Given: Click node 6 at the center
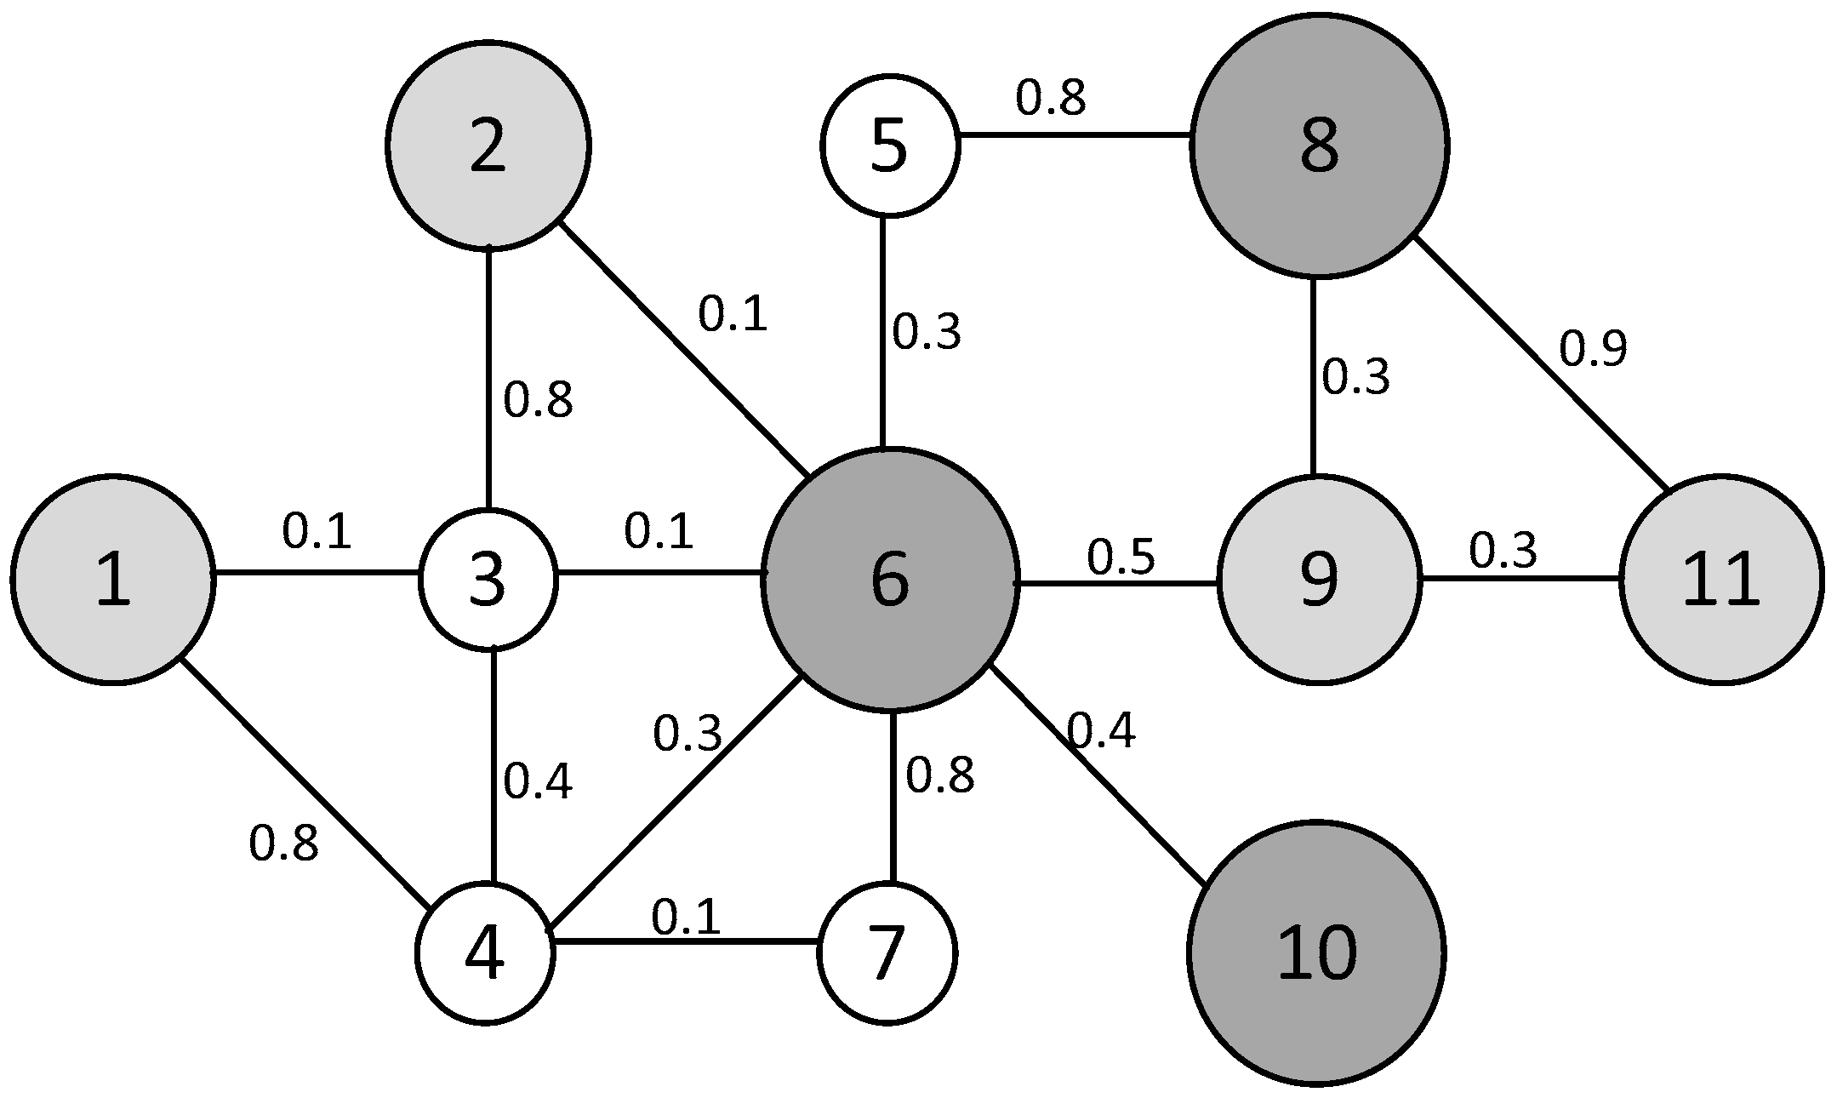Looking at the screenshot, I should coord(890,580).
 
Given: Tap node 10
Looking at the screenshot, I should coord(1316,953).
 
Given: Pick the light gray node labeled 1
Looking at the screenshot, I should coord(113,580).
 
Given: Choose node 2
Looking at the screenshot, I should coord(488,146).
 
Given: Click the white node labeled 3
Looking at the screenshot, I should coord(488,580).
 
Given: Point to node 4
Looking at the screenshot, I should coord(486,952).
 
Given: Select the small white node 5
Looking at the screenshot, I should coord(890,146).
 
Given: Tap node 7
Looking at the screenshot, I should coord(887,952).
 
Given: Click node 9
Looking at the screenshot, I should coord(1319,580).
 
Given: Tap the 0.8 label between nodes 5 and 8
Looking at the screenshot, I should coord(1050,98).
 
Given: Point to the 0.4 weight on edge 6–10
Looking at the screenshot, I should coord(1101,730).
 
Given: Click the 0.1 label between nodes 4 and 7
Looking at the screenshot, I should coord(686,918).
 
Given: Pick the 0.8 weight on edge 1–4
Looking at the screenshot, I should coord(283,844).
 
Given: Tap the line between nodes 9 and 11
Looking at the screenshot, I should coord(1520,579).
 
